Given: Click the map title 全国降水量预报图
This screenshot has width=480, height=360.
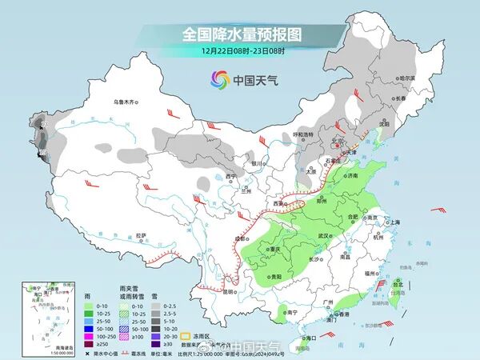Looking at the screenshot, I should coord(240,34).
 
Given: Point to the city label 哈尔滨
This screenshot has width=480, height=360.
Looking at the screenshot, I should coord(406,78).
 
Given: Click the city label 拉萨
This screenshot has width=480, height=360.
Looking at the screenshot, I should coord(141,235).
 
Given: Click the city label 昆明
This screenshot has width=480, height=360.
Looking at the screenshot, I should coord(230,291).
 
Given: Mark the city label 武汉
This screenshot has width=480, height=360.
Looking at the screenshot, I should coord(324,236).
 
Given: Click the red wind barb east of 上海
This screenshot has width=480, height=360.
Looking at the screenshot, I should coord(437,210).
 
